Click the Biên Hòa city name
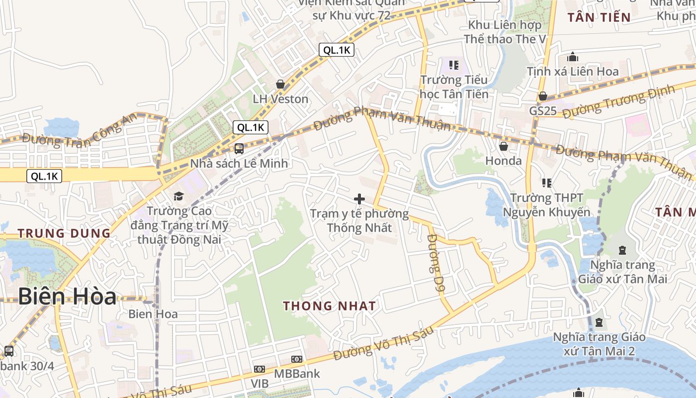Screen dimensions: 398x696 point(67,297)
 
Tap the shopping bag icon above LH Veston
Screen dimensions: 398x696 point(280,84)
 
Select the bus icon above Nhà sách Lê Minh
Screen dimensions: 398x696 point(239,148)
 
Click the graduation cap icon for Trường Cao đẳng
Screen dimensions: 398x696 point(178,196)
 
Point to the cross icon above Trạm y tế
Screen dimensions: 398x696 point(359,199)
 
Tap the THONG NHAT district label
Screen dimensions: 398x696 point(330,306)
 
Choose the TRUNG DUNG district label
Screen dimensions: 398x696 point(64,233)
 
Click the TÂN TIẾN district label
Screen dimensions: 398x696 point(599,17)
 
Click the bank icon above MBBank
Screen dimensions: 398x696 point(297,359)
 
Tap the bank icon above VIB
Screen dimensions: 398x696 point(259,369)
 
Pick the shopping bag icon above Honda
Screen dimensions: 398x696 point(504,146)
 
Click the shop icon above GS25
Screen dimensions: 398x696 point(543,96)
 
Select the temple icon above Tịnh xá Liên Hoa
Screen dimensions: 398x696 point(573,57)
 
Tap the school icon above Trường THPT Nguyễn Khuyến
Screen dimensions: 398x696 point(547,183)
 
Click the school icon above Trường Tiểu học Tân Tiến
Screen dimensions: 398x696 point(453,65)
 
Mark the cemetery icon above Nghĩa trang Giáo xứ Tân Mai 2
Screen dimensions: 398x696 point(599,323)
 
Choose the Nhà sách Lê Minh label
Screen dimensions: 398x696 point(239,163)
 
